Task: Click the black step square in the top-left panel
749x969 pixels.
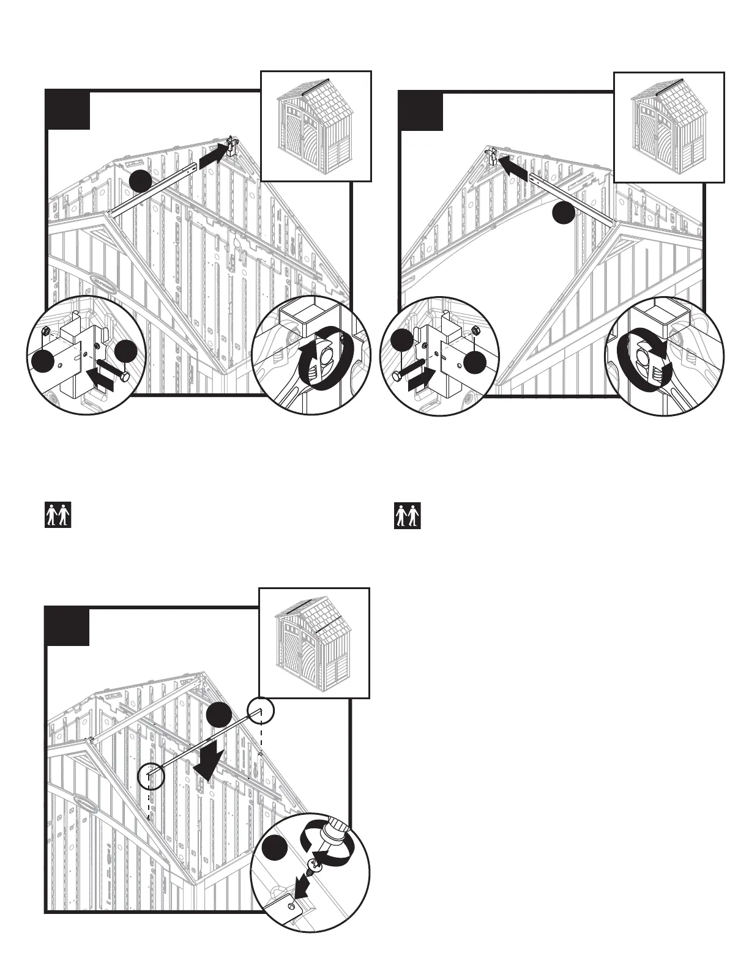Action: click(x=69, y=110)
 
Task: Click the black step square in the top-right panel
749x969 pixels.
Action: click(x=422, y=111)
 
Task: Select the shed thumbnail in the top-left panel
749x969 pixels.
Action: click(x=316, y=127)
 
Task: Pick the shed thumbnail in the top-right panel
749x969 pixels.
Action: click(x=669, y=127)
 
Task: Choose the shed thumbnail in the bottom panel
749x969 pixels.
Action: click(x=314, y=643)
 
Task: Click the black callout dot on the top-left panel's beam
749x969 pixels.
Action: click(x=140, y=182)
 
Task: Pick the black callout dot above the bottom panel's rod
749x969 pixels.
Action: click(x=218, y=715)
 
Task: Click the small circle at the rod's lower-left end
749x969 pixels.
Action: click(x=151, y=775)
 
